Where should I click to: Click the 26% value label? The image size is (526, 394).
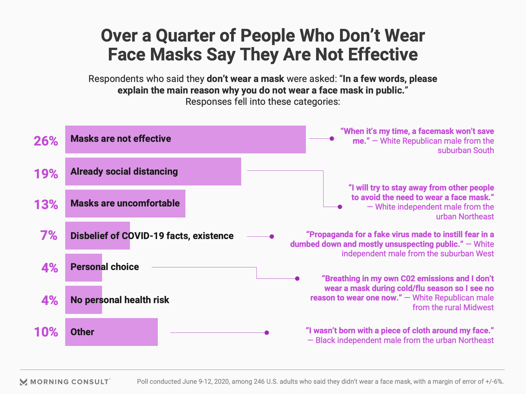(x=46, y=141)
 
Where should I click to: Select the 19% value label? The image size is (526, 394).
(x=46, y=174)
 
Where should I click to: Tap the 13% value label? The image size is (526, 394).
(x=46, y=205)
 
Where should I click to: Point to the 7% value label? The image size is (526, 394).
(x=49, y=236)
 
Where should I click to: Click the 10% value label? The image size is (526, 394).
(x=46, y=332)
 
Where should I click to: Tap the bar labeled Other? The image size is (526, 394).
(x=123, y=332)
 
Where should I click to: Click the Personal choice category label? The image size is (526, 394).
(x=105, y=267)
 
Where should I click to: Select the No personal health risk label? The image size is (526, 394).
(x=120, y=300)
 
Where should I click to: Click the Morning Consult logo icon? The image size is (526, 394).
(x=24, y=382)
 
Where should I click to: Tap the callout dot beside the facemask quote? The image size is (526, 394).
(x=332, y=139)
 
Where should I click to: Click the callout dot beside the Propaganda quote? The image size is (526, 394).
(x=272, y=236)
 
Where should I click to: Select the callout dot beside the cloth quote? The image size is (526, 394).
(x=267, y=333)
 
